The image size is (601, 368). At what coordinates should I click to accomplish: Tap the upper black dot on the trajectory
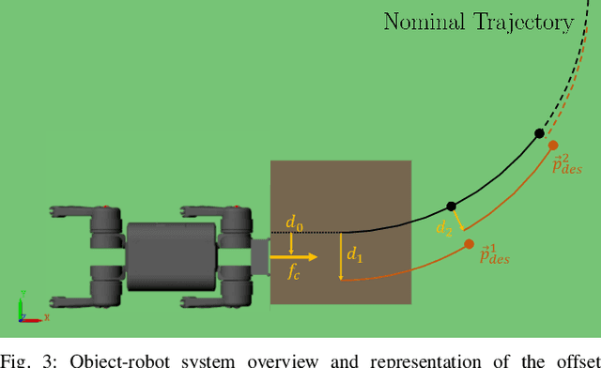pos(539,134)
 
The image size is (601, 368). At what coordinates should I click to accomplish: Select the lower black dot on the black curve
pos(451,206)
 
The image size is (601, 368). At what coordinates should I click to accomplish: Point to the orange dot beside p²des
pos(553,146)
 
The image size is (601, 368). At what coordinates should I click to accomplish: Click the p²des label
pos(567,165)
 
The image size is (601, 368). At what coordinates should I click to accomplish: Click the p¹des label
pos(494,254)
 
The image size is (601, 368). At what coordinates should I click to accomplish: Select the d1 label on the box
pos(355,253)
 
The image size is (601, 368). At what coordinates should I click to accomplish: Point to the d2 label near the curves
pos(444,227)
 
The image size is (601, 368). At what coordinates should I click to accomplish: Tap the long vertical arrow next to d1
pos(341,255)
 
